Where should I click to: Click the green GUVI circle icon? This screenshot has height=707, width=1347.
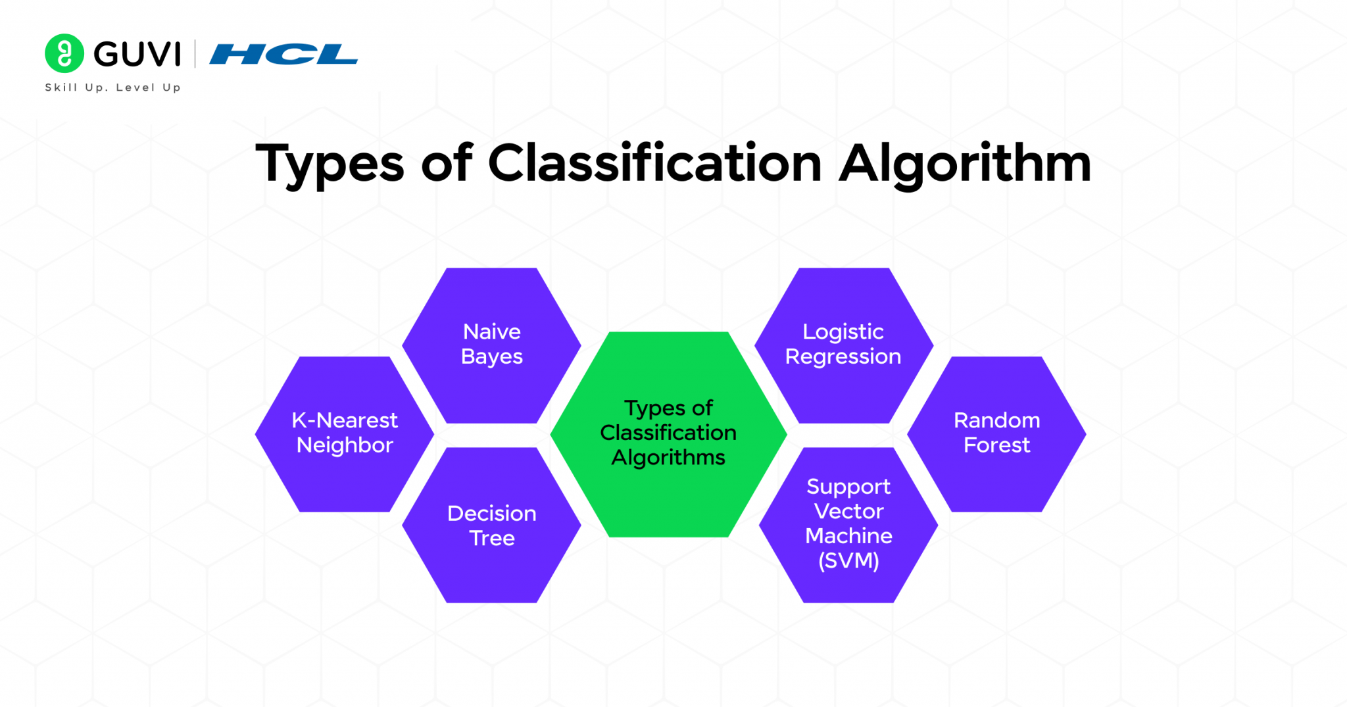(x=64, y=53)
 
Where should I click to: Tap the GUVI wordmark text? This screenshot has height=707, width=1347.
(x=137, y=54)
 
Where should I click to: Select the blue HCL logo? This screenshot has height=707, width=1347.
(x=283, y=54)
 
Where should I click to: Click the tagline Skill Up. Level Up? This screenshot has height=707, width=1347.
(x=112, y=87)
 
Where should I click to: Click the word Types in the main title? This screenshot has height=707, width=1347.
(x=329, y=163)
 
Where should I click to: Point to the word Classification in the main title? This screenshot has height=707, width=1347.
(x=654, y=163)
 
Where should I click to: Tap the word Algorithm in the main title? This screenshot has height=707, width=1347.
(x=965, y=163)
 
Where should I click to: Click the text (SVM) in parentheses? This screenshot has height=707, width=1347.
(x=848, y=560)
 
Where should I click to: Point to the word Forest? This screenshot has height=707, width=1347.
(x=996, y=445)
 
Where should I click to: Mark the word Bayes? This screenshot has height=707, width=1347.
(x=491, y=356)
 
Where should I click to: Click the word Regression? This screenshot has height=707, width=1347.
(x=843, y=356)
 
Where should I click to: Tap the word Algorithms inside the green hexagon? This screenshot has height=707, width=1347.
(x=668, y=457)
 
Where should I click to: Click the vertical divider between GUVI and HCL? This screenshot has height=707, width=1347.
(x=195, y=54)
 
